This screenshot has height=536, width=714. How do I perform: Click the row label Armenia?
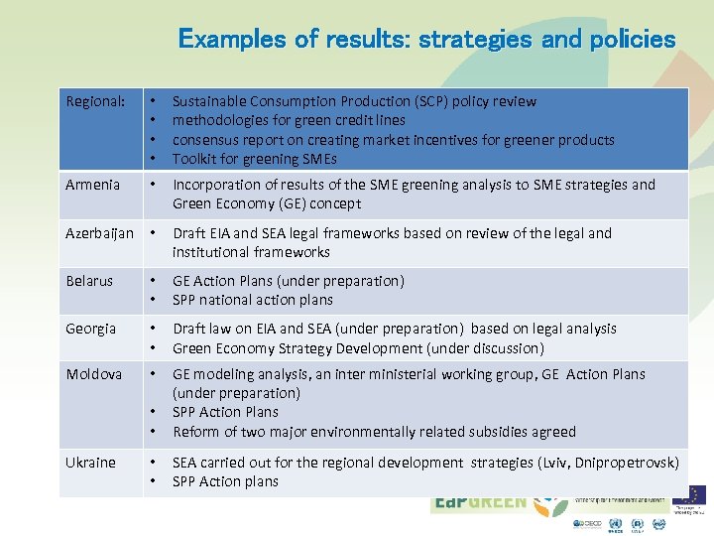pyautogui.click(x=92, y=185)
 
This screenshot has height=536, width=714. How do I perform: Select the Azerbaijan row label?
pyautogui.click(x=99, y=233)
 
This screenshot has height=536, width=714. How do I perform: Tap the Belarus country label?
pyautogui.click(x=89, y=281)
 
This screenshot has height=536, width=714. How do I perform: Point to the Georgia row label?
pyautogui.click(x=91, y=329)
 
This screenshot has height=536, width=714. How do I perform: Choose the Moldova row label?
pyautogui.click(x=94, y=374)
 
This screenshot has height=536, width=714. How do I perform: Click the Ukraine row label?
pyautogui.click(x=91, y=463)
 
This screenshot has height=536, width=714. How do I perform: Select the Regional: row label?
pyautogui.click(x=95, y=101)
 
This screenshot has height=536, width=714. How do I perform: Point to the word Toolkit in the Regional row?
pyautogui.click(x=195, y=159)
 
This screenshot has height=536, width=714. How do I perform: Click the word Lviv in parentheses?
pyautogui.click(x=561, y=463)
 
